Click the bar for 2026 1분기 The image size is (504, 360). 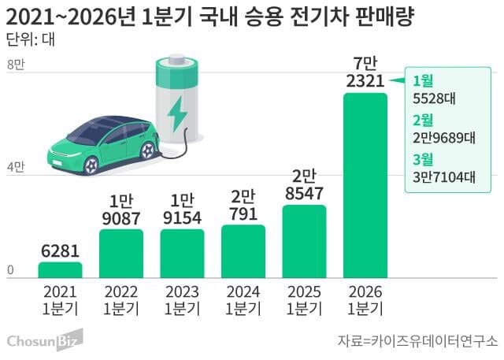point(365,185)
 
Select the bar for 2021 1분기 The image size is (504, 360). point(61,269)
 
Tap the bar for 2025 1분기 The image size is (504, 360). point(304,241)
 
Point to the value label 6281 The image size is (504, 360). point(61,250)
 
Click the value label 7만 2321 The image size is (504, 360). point(365,71)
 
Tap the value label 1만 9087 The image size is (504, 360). point(121,209)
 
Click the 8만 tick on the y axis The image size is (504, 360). point(16,66)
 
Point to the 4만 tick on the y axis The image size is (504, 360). point(16,168)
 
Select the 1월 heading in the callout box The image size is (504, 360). point(423,80)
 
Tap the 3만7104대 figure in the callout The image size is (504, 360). point(444,177)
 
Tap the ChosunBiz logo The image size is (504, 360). point(44,341)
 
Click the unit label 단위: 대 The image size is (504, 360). point(30,39)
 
